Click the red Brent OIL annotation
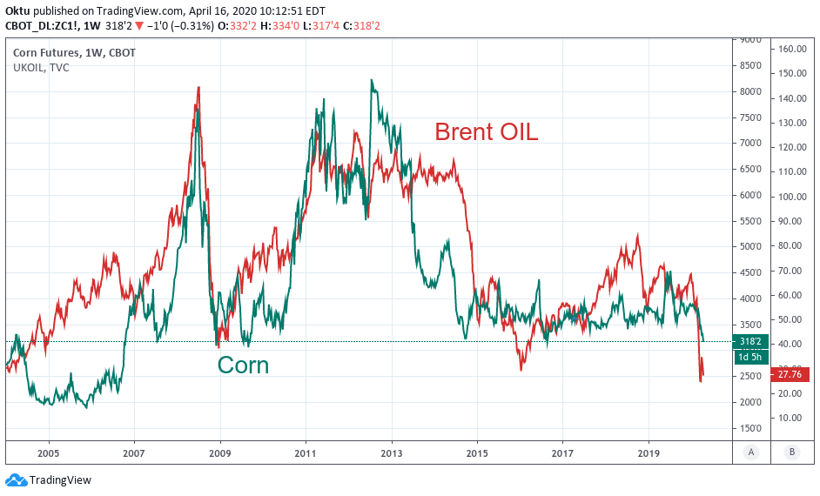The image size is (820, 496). pos(486,132)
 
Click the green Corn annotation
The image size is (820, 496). pos(243,365)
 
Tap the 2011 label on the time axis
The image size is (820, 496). pos(305,453)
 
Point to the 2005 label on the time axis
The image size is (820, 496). pos(48,453)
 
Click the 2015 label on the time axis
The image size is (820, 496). pos(476,453)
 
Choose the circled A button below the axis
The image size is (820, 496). pos(750,452)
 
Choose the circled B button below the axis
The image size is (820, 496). pos(791,452)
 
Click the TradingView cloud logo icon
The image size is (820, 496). pos(16,479)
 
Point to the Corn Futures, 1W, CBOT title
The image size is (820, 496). pos(73,53)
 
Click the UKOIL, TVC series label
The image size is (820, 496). pos(41,68)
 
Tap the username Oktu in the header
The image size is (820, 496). pos(18,10)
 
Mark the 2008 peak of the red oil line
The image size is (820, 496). pos(198,87)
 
